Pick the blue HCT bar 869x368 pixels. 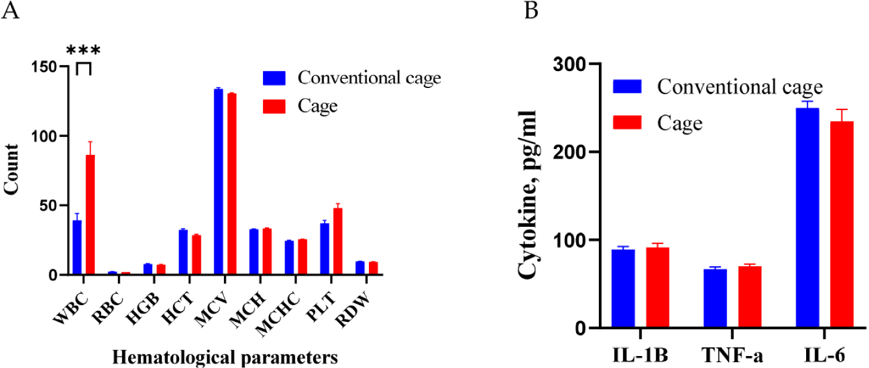tap(183, 252)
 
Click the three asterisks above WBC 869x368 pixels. tap(83, 51)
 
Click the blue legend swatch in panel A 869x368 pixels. tap(275, 78)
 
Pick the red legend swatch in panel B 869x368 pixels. tap(627, 123)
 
